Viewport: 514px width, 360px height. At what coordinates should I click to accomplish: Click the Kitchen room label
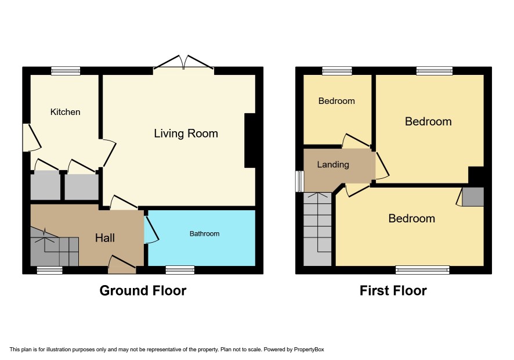[x=65, y=112]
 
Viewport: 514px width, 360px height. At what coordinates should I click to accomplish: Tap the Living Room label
[x=186, y=134]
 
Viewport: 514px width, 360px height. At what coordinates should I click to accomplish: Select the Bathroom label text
[x=205, y=233]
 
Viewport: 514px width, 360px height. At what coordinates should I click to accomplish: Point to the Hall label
[x=105, y=237]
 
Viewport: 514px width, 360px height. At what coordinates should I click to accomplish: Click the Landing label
[x=333, y=164]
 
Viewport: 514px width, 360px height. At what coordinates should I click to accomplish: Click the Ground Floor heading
[x=143, y=290]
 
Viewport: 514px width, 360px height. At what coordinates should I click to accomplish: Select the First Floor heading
[x=393, y=290]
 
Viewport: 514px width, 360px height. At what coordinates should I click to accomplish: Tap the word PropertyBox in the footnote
[x=309, y=350]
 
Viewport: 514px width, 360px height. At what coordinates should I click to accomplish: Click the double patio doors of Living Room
[x=183, y=62]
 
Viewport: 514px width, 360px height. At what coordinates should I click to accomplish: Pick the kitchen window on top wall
[x=66, y=71]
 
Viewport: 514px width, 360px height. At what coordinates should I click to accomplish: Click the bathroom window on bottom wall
[x=180, y=270]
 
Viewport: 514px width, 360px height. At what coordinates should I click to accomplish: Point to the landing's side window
[x=299, y=181]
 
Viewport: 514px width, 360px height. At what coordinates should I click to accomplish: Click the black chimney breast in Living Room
[x=250, y=141]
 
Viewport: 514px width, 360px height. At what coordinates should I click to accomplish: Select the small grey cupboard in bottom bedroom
[x=473, y=197]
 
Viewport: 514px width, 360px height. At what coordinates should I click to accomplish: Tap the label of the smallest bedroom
[x=336, y=101]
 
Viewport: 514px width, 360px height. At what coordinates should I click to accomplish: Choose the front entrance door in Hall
[x=122, y=265]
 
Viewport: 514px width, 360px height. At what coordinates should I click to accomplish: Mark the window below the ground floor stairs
[x=49, y=270]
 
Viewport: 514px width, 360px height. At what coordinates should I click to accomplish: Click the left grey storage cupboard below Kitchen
[x=45, y=185]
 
